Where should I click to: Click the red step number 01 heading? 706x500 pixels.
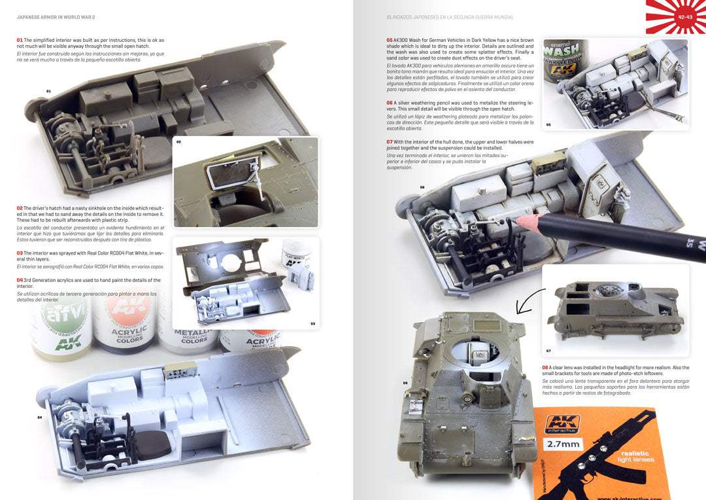pos(20,40)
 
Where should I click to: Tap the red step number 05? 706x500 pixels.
pos(389,40)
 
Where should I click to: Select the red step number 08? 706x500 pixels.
pos(545,368)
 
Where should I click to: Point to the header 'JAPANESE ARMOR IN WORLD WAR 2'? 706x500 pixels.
pos(56,16)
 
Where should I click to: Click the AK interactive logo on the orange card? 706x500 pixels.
pos(563,424)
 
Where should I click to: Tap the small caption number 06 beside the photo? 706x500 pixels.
pos(422,187)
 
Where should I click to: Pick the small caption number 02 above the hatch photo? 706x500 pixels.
pos(178,141)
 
